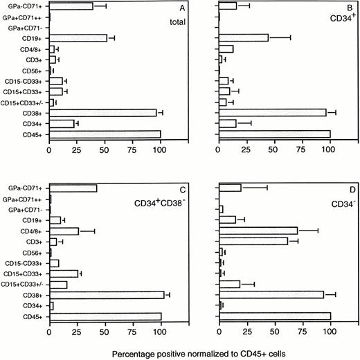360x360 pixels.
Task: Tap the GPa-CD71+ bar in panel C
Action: pos(73,188)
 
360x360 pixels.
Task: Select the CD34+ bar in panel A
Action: pos(62,123)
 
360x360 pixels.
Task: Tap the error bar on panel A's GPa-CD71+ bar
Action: pos(100,6)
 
